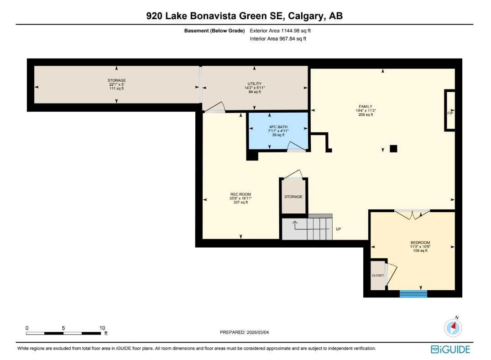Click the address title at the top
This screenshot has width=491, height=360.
(245, 16)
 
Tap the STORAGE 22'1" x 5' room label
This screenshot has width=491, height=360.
(116, 84)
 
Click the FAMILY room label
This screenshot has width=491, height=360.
(366, 110)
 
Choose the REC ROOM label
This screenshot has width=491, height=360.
(240, 198)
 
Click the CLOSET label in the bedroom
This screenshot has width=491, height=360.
(378, 276)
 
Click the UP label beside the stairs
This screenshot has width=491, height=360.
(338, 229)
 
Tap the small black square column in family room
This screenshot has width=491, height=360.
(393, 148)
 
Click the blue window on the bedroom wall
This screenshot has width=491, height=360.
(413, 293)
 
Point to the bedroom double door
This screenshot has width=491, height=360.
(412, 214)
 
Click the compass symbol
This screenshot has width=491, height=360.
(453, 327)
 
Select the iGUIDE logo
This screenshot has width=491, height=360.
(450, 350)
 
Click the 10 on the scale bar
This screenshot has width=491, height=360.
(102, 328)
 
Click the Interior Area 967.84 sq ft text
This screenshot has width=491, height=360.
(278, 39)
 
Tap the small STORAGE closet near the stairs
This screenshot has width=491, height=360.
(293, 197)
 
